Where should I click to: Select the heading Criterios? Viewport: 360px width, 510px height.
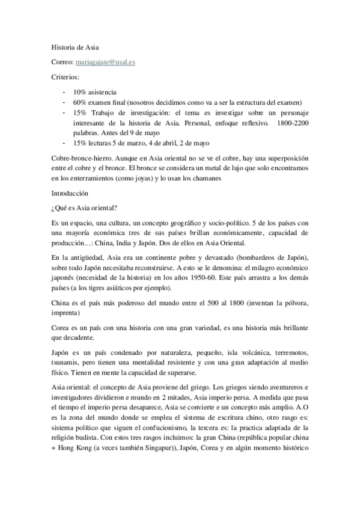(x=65, y=78)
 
